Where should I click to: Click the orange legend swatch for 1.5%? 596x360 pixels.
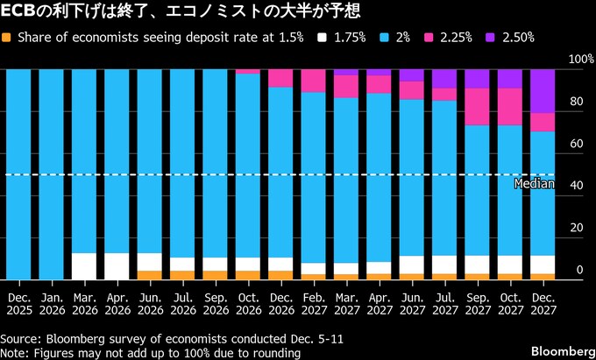tap(7, 38)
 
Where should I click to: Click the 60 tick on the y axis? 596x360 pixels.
tap(575, 144)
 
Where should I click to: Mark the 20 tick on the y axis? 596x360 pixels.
tap(575, 228)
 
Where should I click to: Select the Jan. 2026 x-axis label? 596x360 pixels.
tap(51, 302)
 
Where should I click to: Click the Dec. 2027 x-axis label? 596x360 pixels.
tap(543, 302)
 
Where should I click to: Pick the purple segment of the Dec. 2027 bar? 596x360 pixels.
tap(543, 91)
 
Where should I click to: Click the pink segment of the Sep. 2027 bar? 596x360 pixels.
tap(477, 107)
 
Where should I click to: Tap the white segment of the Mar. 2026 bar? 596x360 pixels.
tap(84, 266)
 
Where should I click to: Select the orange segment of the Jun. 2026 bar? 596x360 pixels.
tap(149, 275)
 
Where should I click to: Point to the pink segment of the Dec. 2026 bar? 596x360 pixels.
tap(280, 79)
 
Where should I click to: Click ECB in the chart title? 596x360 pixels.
tap(18, 12)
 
